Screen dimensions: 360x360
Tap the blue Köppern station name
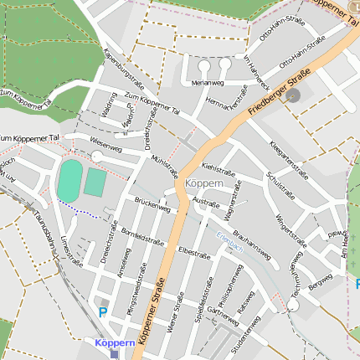pos(115,343)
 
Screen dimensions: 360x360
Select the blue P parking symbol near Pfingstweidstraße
pos(103,312)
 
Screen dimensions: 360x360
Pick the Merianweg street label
pos(207,84)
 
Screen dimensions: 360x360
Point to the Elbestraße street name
pos(194,250)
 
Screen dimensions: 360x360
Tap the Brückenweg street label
pos(152,205)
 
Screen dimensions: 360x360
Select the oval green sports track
pos(69,181)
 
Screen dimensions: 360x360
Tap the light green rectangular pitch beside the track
pos(96,183)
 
